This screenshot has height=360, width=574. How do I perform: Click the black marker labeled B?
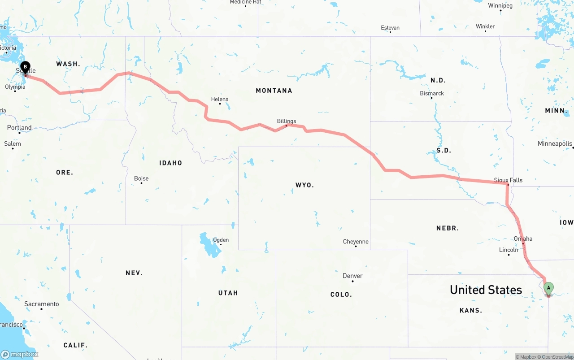pos(26,67)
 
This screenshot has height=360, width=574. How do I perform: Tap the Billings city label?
pos(287,121)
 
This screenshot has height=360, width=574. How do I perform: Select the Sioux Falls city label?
pos(508,180)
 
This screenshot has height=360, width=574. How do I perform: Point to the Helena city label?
pos(220,99)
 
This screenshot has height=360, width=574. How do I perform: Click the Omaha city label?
pos(523,239)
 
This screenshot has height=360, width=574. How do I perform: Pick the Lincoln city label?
pos(509,250)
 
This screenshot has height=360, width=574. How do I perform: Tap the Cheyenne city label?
pos(356,242)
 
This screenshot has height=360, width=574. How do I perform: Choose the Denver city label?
pos(352,276)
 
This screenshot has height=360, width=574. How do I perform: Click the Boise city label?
pos(141,178)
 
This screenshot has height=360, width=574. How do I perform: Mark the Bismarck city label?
pos(432,93)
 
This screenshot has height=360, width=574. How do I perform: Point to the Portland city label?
pos(19,128)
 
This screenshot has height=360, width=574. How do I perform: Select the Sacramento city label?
pos(41,304)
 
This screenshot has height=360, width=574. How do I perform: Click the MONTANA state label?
pos(274,91)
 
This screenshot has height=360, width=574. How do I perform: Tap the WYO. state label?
pos(304,185)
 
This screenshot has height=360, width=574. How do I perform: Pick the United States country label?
pos(486,290)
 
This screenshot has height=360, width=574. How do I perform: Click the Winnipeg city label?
pos(500,6)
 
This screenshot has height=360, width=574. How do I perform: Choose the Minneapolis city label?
pos(555,143)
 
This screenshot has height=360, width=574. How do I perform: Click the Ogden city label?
pos(221,240)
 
